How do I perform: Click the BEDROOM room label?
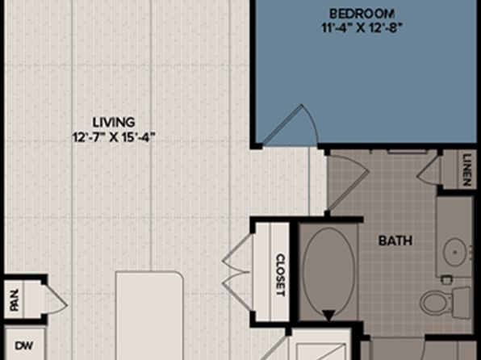point(362,14)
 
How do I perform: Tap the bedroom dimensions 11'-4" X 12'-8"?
point(362,28)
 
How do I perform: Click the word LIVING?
point(114,122)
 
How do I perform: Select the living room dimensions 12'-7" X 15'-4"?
point(113,137)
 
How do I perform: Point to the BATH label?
point(395,241)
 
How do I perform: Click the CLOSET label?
point(280,275)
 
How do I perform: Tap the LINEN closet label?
point(466,170)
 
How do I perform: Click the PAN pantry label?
point(14,299)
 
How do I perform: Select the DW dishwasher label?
point(24,346)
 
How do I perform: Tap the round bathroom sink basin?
point(456,253)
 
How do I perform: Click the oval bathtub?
point(328,272)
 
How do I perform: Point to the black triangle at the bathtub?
point(328,315)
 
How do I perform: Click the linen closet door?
point(429,172)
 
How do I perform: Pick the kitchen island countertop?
point(149,315)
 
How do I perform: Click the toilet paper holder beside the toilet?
point(445,279)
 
